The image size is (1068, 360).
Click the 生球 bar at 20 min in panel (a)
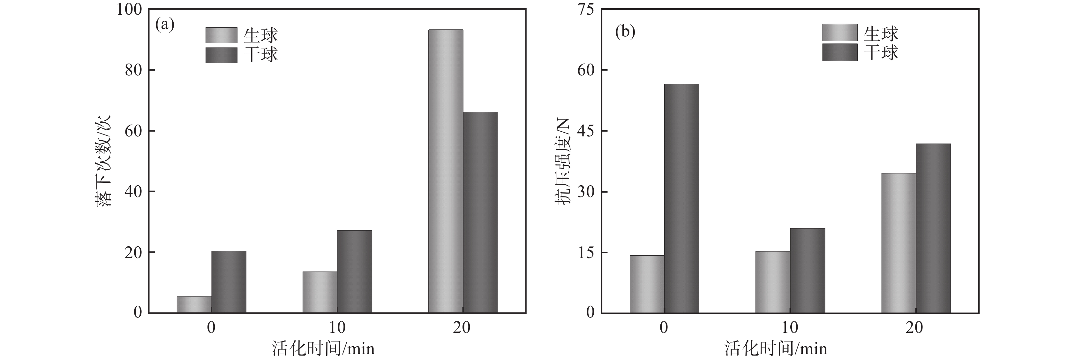(446, 171)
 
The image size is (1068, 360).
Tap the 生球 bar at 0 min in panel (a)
(194, 304)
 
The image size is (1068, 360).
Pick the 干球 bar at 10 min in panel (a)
(355, 271)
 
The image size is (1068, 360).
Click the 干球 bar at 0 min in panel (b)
(681, 198)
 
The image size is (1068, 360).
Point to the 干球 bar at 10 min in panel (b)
(807, 271)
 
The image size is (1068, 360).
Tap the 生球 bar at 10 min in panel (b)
(773, 282)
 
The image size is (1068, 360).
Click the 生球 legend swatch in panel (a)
(222, 35)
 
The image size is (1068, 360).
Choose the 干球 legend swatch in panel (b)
(839, 52)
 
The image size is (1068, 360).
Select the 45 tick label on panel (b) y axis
(585, 131)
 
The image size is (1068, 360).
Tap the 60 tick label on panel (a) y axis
(133, 131)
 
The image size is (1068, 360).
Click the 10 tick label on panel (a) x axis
(337, 328)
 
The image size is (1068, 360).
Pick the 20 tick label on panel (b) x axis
(914, 328)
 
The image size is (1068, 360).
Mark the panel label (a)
(165, 25)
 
